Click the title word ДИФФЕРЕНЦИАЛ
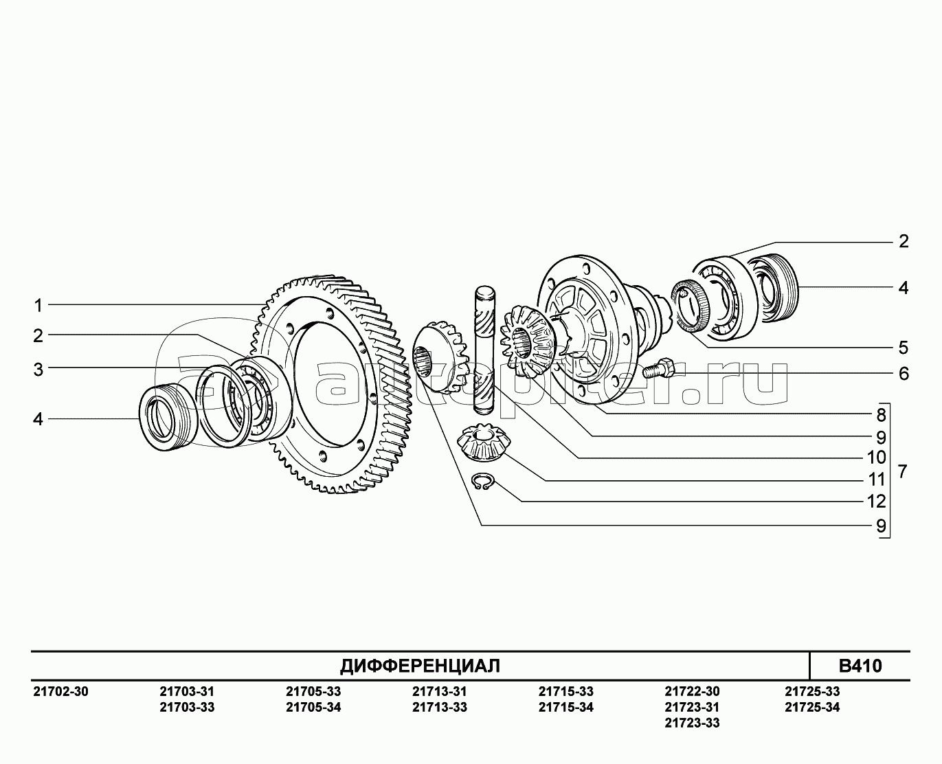pyautogui.click(x=420, y=666)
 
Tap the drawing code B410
pyautogui.click(x=860, y=666)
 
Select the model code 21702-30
pyautogui.click(x=60, y=691)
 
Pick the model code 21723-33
pyautogui.click(x=692, y=723)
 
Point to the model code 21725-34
pyautogui.click(x=812, y=708)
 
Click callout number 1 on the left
pyautogui.click(x=38, y=306)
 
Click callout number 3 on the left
pyautogui.click(x=38, y=370)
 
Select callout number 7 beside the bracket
pyautogui.click(x=903, y=471)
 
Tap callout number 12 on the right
pyautogui.click(x=876, y=502)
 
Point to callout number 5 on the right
pyautogui.click(x=904, y=348)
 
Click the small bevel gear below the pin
pyautogui.click(x=484, y=442)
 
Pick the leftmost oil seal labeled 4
pyautogui.click(x=169, y=418)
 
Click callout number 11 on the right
pyautogui.click(x=876, y=480)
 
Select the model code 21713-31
pyautogui.click(x=440, y=691)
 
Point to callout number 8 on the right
pyautogui.click(x=882, y=415)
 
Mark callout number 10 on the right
pyautogui.click(x=876, y=457)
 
